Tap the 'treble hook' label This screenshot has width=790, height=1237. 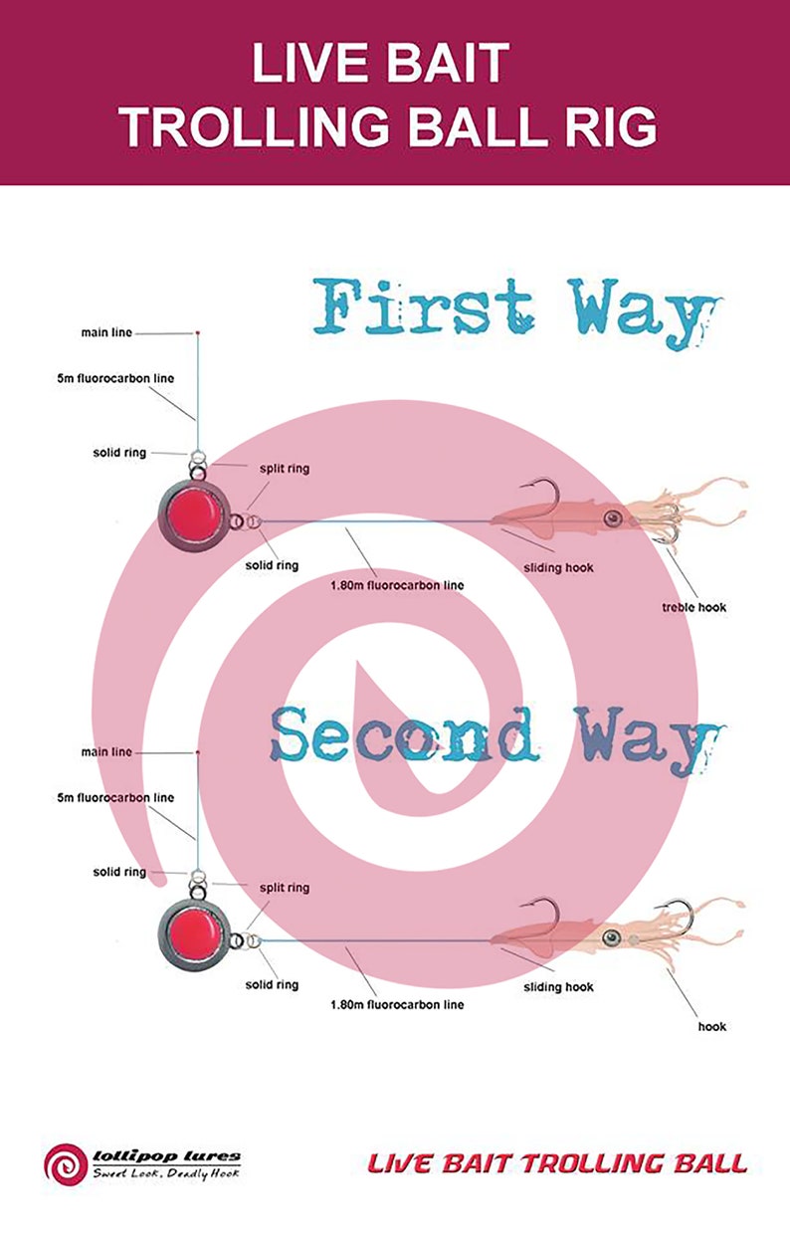point(693,607)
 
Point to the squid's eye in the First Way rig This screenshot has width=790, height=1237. point(612,518)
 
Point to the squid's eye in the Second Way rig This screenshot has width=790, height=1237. point(612,937)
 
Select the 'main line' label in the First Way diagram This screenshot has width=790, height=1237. point(106,332)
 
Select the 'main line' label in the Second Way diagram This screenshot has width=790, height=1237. point(106,751)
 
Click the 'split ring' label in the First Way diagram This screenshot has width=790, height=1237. point(285,469)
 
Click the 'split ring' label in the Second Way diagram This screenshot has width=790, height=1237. point(285,888)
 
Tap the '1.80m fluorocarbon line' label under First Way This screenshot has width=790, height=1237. point(397,585)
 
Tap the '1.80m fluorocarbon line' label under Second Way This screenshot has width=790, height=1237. point(397,1004)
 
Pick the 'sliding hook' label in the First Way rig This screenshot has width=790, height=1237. point(558,567)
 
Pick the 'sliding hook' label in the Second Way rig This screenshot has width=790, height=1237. point(558,987)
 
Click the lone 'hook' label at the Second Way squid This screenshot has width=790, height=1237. point(712,1027)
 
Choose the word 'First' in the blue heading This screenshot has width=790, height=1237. point(424,306)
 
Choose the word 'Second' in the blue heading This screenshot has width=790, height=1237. point(405,732)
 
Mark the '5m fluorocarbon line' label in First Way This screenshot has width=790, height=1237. point(115,378)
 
